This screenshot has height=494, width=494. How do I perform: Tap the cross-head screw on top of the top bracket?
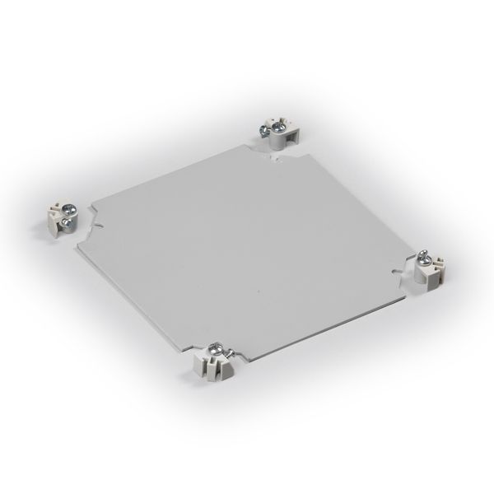[278, 126]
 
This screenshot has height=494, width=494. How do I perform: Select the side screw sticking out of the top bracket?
[261, 129]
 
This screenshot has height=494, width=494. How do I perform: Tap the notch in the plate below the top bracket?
[275, 163]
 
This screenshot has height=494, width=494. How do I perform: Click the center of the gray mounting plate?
[247, 247]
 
